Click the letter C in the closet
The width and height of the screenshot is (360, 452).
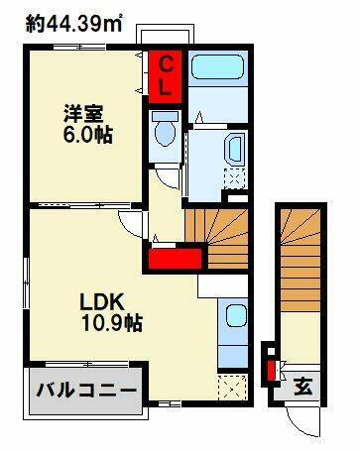(x=167, y=64)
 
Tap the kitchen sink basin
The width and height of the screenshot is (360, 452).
(x=235, y=319)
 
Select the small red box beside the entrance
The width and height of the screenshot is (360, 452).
(x=269, y=372)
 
